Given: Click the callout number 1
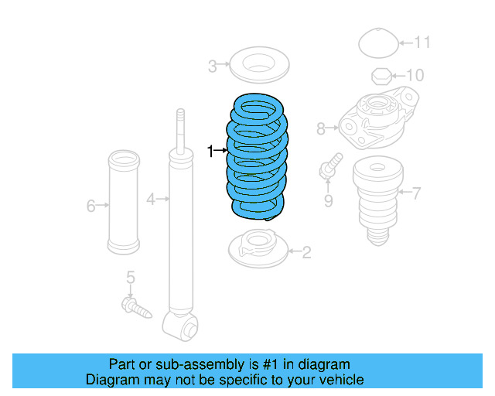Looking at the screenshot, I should click(x=210, y=151).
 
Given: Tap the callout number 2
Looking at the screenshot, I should click(x=306, y=251).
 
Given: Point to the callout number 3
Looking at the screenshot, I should click(x=213, y=67).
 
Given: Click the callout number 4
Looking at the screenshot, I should click(x=152, y=200).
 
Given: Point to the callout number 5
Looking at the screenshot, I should click(x=131, y=277).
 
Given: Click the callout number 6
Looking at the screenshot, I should click(x=90, y=206).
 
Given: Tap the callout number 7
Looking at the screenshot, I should click(x=416, y=192).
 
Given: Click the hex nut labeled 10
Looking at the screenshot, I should click(x=381, y=76).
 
